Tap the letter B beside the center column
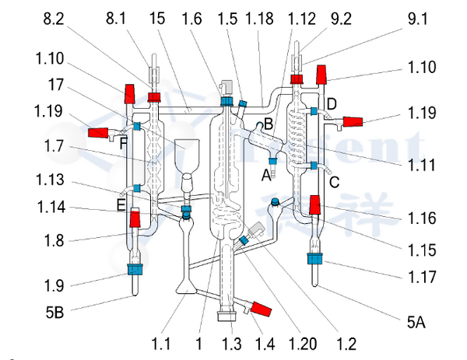[x=267, y=123]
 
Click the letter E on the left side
[x=121, y=204]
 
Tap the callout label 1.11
[x=421, y=165]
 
